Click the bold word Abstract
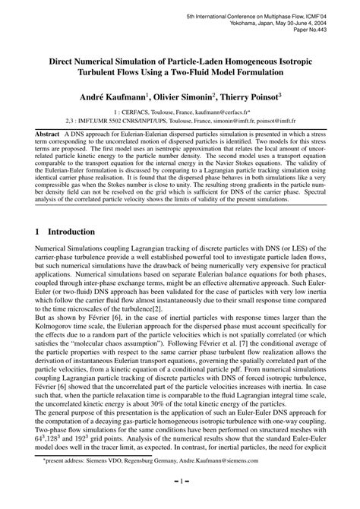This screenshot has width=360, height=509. coord(46,133)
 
